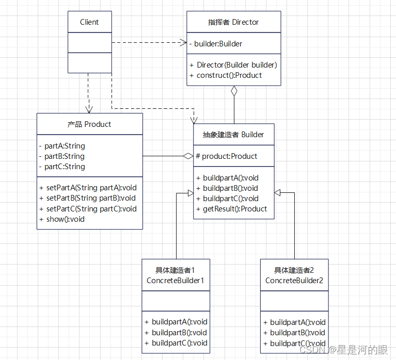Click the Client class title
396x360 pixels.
pos(89,22)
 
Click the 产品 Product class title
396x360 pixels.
pos(89,124)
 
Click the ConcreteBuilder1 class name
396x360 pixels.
pos(176,281)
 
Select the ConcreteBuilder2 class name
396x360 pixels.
pos(294,281)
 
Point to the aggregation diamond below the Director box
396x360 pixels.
pos(234,91)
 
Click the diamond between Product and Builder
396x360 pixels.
pos(188,156)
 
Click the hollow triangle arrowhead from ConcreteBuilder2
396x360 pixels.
pos(278,192)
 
